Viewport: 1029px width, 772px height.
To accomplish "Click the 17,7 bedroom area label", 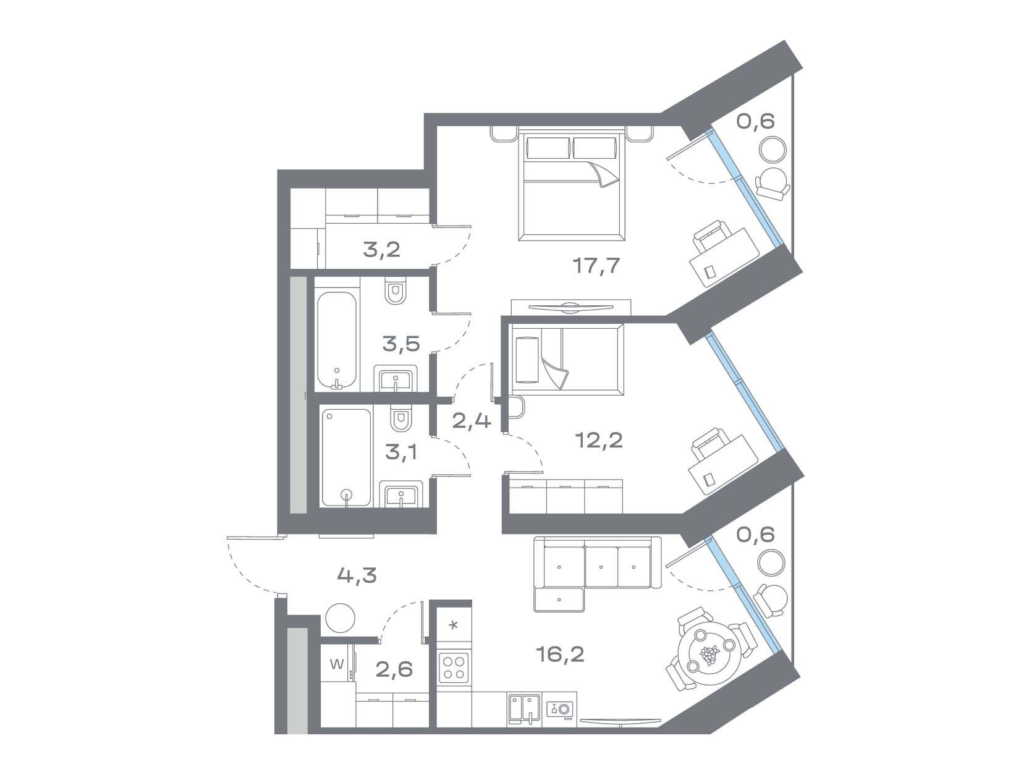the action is point(596,266).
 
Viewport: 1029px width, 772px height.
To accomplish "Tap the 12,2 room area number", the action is point(599,440).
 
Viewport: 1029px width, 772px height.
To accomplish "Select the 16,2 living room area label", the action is point(560,654).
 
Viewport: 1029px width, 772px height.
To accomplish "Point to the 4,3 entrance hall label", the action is point(357,575).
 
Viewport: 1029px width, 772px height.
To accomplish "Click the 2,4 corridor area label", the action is point(471,420).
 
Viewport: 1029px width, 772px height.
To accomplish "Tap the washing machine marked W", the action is point(337,664).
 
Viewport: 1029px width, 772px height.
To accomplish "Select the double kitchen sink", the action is point(524,711).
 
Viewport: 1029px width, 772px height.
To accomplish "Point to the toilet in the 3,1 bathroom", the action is point(400,418).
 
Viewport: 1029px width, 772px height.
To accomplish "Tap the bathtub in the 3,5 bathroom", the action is point(336,341).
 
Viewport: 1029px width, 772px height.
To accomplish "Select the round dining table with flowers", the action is point(709,652).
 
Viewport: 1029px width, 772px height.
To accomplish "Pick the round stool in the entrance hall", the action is point(340,618).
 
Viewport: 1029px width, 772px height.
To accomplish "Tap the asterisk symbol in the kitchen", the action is point(453,625).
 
